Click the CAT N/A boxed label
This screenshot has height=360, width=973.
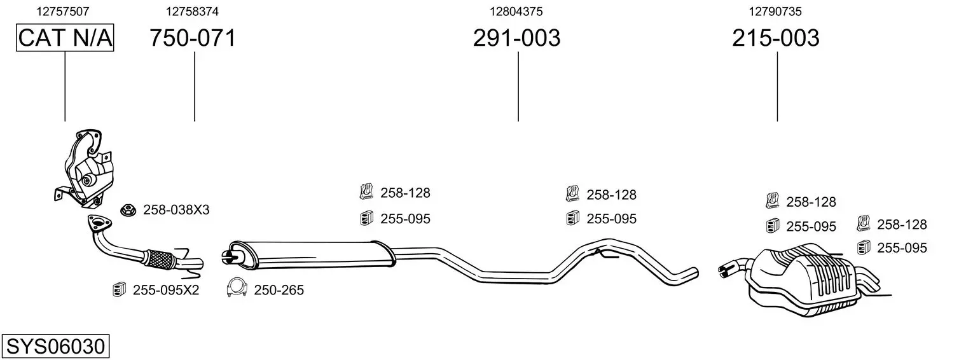[65, 38]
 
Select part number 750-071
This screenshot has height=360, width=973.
[193, 38]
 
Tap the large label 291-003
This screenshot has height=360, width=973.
[516, 38]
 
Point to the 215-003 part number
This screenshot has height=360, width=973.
[776, 38]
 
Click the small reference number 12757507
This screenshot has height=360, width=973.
[62, 11]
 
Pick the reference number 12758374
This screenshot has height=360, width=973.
[192, 11]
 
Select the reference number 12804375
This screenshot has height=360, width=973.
[516, 11]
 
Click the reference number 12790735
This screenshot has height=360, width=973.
[775, 11]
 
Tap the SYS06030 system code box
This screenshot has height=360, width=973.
[55, 346]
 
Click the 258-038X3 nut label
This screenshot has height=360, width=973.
[176, 210]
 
